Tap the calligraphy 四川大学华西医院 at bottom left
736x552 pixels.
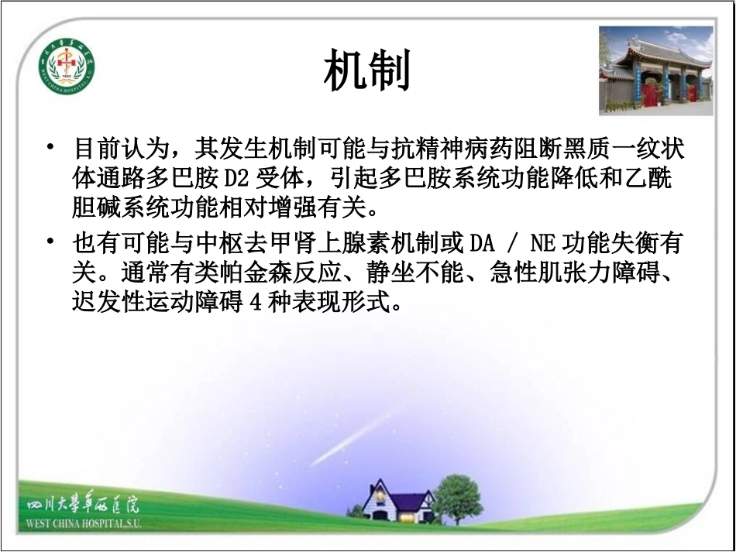82,508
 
